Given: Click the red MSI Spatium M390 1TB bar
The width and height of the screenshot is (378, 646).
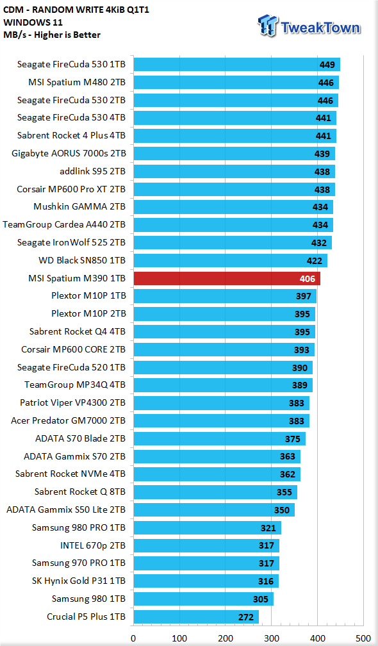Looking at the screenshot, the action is coord(227,279).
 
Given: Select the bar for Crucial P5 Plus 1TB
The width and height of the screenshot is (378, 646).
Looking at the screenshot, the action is coord(196,617).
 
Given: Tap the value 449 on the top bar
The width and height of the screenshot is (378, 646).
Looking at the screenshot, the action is coord(327,65).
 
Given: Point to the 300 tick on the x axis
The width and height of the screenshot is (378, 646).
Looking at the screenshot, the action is coord(271,638).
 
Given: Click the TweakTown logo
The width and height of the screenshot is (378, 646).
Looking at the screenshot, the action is coord(309,26).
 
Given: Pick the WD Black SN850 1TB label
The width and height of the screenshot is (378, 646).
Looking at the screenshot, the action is coord(82,260).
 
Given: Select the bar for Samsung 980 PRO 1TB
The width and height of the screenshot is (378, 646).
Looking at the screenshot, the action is coord(207,528).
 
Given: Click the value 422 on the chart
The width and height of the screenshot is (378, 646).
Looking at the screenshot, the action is coord(315,261).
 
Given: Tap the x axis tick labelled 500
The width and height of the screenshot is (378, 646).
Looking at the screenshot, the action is coord(363,638).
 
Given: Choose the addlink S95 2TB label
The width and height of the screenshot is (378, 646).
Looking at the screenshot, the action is coord(93,171).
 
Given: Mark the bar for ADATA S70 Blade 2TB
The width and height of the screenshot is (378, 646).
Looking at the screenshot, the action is coord(220,439).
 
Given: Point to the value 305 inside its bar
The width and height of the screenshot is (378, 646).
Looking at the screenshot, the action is coord(261,599).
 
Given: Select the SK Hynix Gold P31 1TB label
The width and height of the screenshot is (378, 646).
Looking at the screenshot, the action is coord(79,581).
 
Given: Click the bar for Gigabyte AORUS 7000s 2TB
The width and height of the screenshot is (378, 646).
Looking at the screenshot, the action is coord(234,154).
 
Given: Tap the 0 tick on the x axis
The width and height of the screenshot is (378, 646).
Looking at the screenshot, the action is coord(133,638).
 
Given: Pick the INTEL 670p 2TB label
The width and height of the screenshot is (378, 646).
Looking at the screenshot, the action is coord(93,545).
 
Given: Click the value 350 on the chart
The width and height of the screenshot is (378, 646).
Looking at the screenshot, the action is coord(282,510).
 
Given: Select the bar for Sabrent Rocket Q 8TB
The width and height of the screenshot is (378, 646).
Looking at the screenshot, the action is coord(215,492).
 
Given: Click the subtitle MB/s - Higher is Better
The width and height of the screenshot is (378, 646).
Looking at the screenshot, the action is coord(52,35).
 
